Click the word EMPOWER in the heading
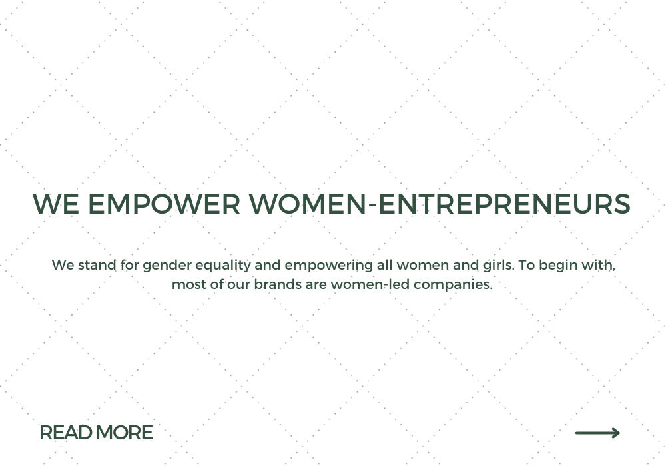164,204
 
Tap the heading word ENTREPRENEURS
504,204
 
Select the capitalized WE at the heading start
56,204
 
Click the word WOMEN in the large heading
308,204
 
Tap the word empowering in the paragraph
329,266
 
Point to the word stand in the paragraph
97,265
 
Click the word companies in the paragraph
453,285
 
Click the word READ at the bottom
66,433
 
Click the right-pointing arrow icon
597,433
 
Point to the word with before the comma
599,265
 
